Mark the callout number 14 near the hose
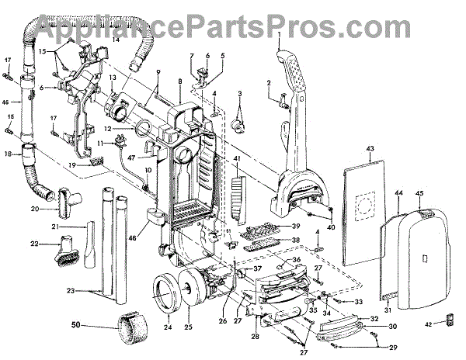pyautogui.click(x=116, y=39)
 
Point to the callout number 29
pyautogui.click(x=393, y=348)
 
